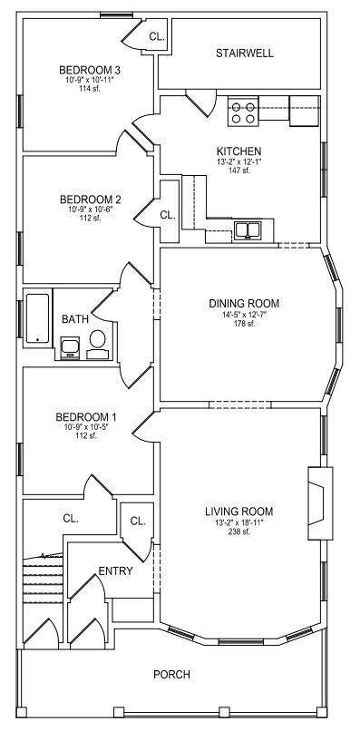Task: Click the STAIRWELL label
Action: (244, 54)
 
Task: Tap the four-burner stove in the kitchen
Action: (243, 112)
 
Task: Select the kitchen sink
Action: (248, 230)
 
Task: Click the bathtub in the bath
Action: (38, 318)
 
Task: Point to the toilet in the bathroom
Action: (97, 345)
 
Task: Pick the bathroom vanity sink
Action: (71, 347)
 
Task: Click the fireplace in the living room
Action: (320, 503)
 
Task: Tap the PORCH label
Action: (171, 674)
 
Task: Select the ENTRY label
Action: (116, 571)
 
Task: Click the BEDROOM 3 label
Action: (90, 71)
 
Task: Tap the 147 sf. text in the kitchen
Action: (239, 171)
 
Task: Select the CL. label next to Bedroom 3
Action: (157, 36)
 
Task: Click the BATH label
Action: (75, 319)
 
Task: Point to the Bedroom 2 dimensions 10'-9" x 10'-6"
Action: (91, 209)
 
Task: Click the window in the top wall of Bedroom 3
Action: (117, 15)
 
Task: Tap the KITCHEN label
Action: (239, 151)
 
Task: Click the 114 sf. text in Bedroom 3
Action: (90, 89)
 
